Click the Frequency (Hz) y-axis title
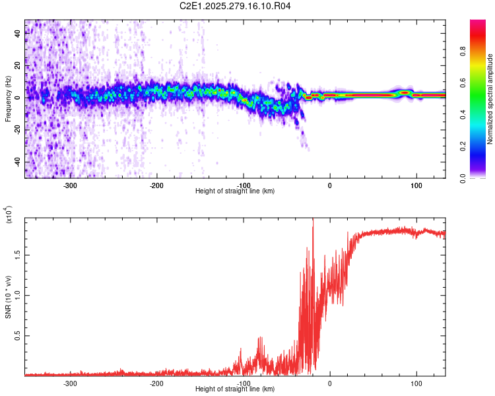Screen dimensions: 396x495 coord(8,98)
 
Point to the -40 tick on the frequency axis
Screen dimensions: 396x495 coord(16,162)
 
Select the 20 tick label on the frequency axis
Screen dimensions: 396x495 coord(18,65)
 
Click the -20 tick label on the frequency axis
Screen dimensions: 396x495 coord(16,130)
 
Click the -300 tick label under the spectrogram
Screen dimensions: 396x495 coord(71,185)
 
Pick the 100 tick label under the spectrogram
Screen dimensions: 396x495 coord(416,185)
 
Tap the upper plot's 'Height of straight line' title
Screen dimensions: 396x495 coord(236,191)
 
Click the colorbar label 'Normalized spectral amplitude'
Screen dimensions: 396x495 coord(490,99)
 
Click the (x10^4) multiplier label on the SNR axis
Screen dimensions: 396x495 coord(9,214)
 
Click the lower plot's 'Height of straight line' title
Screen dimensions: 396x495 coord(236,389)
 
